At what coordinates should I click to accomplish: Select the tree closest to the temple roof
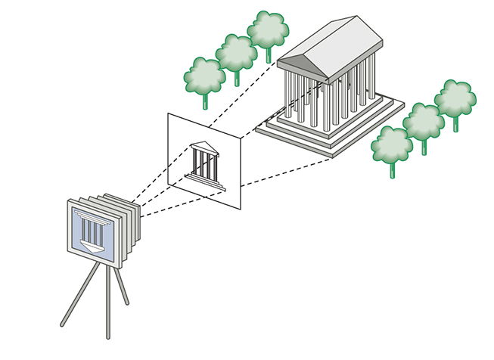click(268, 29)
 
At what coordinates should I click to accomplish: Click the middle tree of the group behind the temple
click(237, 53)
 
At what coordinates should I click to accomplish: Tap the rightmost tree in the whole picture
click(455, 98)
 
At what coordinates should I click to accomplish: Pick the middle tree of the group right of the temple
click(423, 121)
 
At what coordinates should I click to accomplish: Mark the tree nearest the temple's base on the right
click(392, 144)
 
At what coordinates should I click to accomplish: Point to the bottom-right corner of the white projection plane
click(240, 207)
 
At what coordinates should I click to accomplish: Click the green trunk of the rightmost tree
click(455, 123)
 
